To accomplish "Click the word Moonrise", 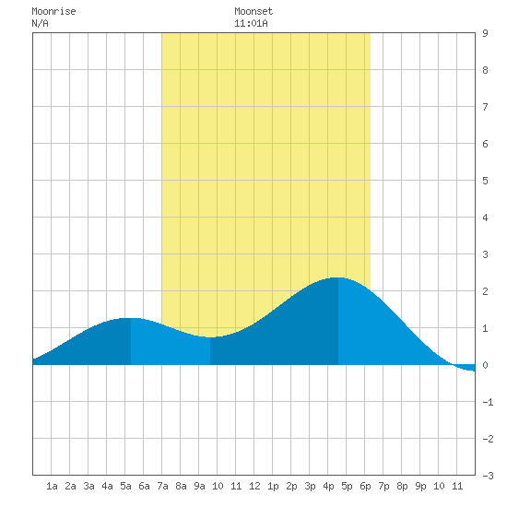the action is (53, 12).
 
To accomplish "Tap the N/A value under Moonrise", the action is (40, 23).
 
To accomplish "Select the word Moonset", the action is (253, 12).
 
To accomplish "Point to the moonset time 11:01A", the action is (251, 23).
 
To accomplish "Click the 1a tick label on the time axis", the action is (52, 486).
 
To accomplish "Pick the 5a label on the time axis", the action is (125, 486).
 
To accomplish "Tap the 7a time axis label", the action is (162, 486).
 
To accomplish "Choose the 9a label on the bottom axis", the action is (199, 486).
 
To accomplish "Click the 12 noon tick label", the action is (254, 486).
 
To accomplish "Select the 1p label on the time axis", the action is (273, 486).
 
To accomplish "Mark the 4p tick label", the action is (328, 486).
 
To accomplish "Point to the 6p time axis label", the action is (365, 486).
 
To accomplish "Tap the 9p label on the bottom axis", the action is (420, 486).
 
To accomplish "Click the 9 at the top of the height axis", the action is (485, 33).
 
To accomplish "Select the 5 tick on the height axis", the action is (485, 181).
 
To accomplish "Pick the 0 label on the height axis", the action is (485, 365).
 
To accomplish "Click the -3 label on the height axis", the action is (488, 476).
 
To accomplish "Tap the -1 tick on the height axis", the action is (488, 402).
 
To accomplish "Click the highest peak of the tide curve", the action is (338, 277).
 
